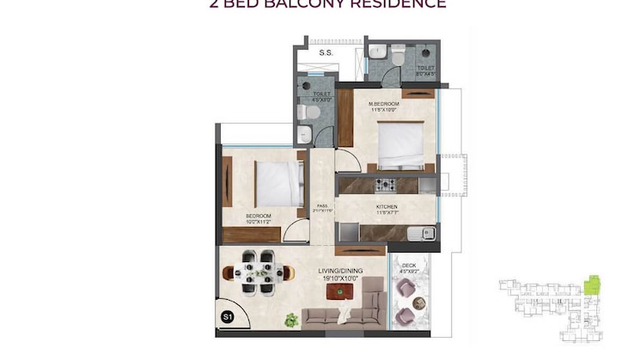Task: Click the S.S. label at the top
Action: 326,53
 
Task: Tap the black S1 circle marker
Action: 228,317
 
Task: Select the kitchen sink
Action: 424,232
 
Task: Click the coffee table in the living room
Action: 344,292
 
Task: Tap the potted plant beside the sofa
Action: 292,320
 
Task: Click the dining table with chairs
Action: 257,272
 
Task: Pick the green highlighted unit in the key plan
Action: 590,284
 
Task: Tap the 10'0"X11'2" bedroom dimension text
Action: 259,222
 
